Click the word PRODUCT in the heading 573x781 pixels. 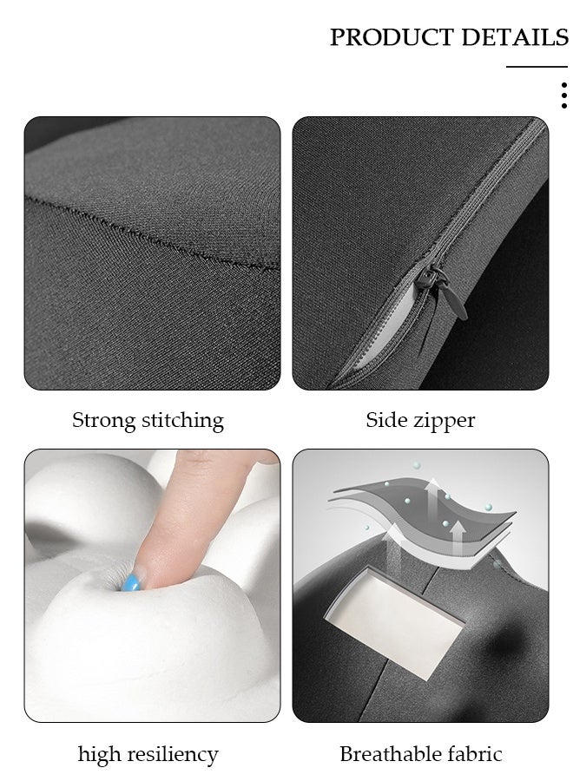(x=392, y=38)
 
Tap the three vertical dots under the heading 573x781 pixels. (x=564, y=95)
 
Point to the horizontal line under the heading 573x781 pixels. (x=537, y=67)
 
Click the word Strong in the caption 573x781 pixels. (x=104, y=421)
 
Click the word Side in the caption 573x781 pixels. (x=386, y=421)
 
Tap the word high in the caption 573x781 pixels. (x=99, y=755)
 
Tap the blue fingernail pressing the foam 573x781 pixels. (x=131, y=579)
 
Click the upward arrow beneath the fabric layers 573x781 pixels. (x=395, y=533)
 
